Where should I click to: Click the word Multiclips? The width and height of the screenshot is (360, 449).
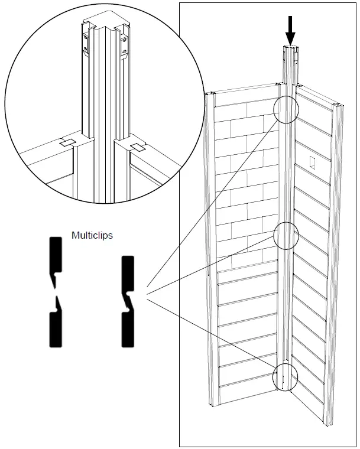(92, 235)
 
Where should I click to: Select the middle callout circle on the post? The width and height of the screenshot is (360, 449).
(286, 235)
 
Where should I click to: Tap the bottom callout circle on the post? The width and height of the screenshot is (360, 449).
(287, 377)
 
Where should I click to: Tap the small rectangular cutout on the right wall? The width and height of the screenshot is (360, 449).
(312, 160)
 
